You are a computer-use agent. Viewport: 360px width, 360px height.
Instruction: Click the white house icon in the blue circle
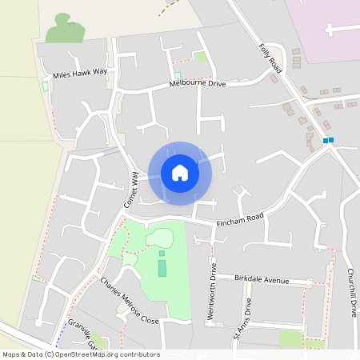coord(179,173)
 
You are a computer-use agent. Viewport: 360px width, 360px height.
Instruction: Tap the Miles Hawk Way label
coord(80,73)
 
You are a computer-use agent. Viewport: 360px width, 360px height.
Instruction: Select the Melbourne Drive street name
coord(198,83)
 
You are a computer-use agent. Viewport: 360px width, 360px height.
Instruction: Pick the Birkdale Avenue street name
coord(262,278)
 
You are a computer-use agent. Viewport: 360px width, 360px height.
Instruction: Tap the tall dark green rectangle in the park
coord(162,267)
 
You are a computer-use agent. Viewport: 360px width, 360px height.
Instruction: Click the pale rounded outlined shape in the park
coord(160,238)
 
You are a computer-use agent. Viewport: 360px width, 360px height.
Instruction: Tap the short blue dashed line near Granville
coord(62,331)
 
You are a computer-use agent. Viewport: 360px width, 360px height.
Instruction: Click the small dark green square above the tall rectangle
coord(162,254)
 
